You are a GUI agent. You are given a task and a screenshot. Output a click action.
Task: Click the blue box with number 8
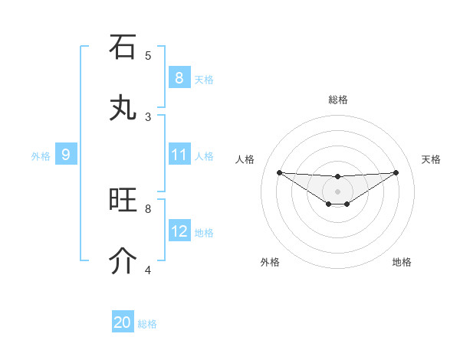[x=179, y=77]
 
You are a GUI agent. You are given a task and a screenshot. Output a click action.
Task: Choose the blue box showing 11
[x=179, y=155]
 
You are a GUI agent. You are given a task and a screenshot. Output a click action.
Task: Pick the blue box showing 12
[x=179, y=231]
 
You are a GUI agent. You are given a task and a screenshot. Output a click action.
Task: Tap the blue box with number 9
[x=66, y=155]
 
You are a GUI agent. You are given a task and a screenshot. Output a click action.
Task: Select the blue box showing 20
[x=123, y=322]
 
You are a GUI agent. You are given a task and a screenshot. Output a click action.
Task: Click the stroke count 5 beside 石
[x=148, y=55]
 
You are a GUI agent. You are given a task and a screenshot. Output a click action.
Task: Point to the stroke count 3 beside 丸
[x=148, y=116]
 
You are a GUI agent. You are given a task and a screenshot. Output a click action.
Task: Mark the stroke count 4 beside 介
[x=148, y=270]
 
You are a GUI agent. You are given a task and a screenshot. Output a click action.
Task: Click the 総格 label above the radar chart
[x=338, y=100]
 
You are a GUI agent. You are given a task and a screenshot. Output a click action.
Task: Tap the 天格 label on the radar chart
[x=432, y=159]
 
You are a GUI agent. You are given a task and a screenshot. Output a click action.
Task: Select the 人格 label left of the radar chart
[x=245, y=159]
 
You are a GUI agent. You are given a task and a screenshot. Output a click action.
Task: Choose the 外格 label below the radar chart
[x=270, y=262]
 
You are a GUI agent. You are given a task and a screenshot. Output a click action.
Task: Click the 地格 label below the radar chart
[x=402, y=262]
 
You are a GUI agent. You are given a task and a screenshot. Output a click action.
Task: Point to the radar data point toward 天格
[x=396, y=172]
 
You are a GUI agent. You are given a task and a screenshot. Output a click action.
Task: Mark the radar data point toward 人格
[x=279, y=172]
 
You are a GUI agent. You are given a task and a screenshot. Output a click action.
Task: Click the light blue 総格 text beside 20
[x=147, y=324]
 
